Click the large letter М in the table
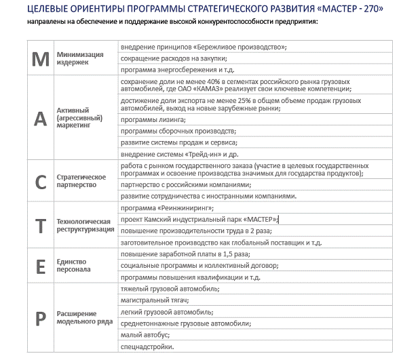(x=41, y=58)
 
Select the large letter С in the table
(x=41, y=180)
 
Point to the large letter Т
(x=41, y=225)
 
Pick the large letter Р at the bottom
(x=41, y=317)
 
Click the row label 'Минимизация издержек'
(x=80, y=58)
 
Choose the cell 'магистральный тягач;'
(x=154, y=300)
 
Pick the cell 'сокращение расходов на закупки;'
(x=172, y=58)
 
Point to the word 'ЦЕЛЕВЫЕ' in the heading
(x=51, y=9)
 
